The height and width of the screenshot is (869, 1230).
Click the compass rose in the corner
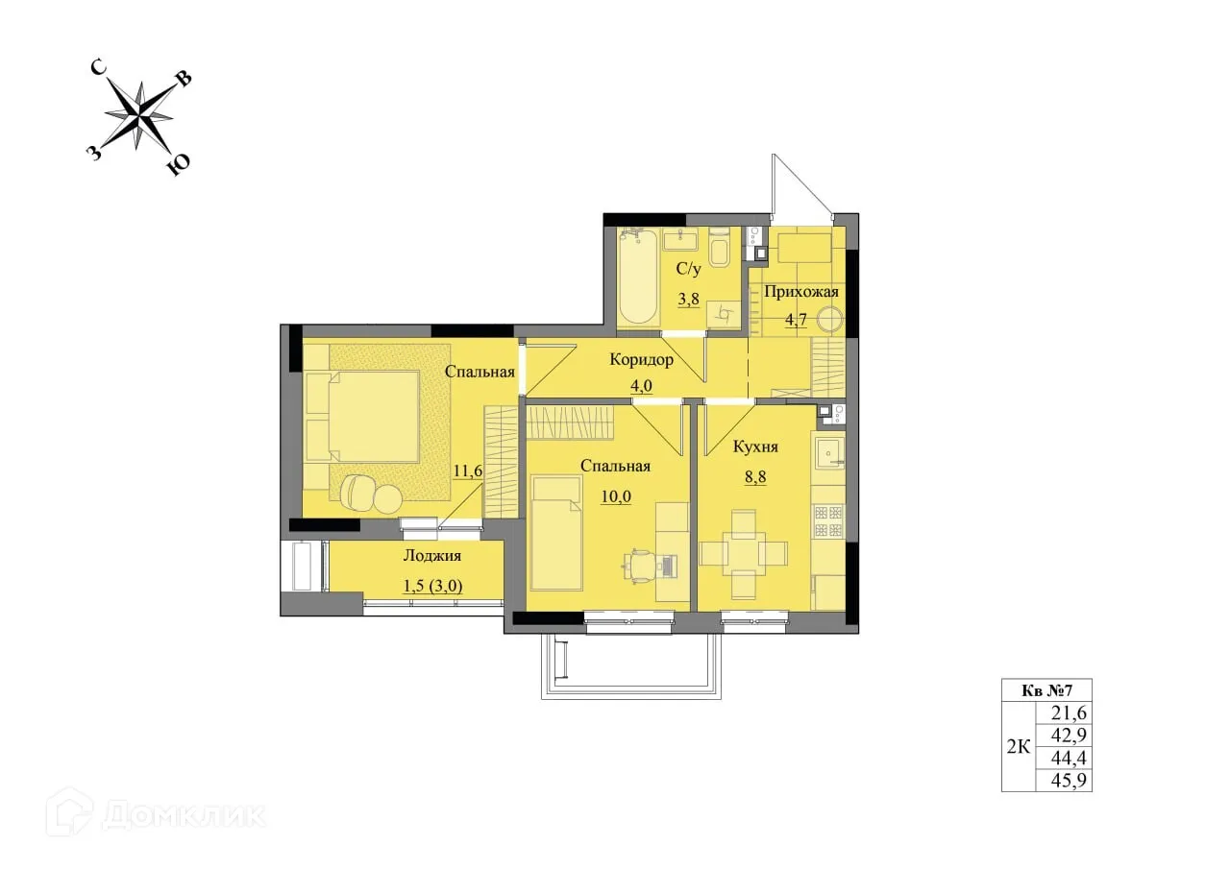[140, 116]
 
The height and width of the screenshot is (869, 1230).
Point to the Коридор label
[641, 360]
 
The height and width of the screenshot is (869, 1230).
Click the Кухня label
[754, 447]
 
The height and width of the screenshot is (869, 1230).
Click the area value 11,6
[468, 471]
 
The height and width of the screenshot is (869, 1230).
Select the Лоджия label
[431, 556]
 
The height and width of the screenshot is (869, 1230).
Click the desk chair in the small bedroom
[641, 565]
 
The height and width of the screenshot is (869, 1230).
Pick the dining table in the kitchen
[744, 553]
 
